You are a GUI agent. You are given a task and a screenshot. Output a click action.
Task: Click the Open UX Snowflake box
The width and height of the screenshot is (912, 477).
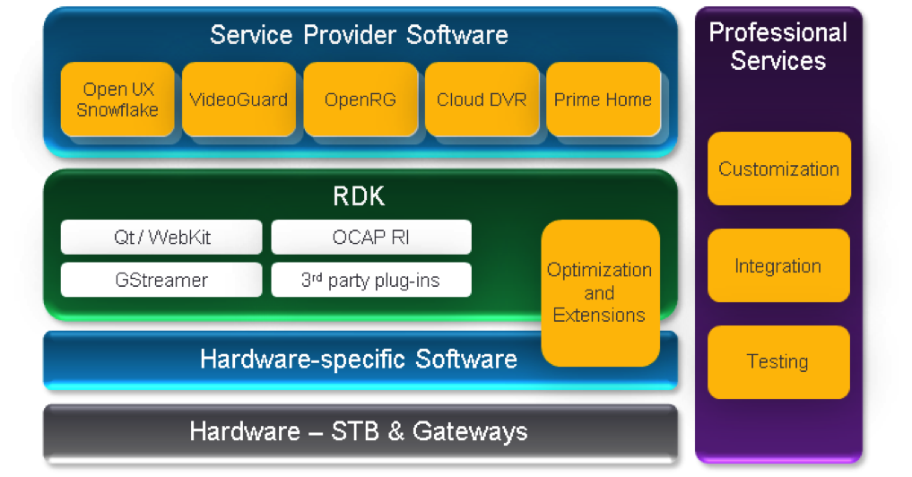117,100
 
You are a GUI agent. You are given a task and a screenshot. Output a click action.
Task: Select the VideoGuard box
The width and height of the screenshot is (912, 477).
239,100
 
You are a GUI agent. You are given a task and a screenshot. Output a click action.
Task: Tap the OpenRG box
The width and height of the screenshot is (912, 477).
360,100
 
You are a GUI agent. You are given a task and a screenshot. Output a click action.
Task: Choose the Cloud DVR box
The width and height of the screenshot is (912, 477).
482,100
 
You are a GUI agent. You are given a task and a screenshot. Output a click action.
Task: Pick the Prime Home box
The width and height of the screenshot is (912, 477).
603,100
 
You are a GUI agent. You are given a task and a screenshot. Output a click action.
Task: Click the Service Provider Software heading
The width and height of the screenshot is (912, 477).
359,36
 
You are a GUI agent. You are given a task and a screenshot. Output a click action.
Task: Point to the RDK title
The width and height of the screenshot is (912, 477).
359,196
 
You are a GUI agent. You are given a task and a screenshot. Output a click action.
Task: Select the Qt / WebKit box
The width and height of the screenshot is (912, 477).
161,238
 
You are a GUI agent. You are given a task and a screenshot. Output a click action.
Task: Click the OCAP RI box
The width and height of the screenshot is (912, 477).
371,238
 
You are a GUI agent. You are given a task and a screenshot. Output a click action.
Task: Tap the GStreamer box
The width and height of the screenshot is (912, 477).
161,280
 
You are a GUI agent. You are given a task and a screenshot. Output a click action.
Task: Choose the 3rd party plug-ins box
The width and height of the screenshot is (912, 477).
371,280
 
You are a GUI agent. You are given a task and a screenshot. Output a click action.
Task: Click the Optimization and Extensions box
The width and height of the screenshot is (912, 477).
600,293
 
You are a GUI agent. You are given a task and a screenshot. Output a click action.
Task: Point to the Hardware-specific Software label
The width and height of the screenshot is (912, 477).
359,360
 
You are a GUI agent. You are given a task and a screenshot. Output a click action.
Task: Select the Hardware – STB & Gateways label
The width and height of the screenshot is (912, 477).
359,431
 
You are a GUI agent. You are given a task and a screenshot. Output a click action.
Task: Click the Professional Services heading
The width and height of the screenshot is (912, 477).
777,47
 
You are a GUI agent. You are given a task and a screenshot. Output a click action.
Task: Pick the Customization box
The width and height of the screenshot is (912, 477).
778,169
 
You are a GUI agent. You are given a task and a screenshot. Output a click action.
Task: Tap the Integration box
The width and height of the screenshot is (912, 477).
778,265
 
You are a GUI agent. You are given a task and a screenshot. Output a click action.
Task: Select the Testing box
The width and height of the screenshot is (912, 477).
778,361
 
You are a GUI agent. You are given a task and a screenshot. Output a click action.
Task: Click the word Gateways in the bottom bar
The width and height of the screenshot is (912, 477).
470,431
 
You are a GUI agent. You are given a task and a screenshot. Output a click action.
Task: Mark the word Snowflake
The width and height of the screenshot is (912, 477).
117,110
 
